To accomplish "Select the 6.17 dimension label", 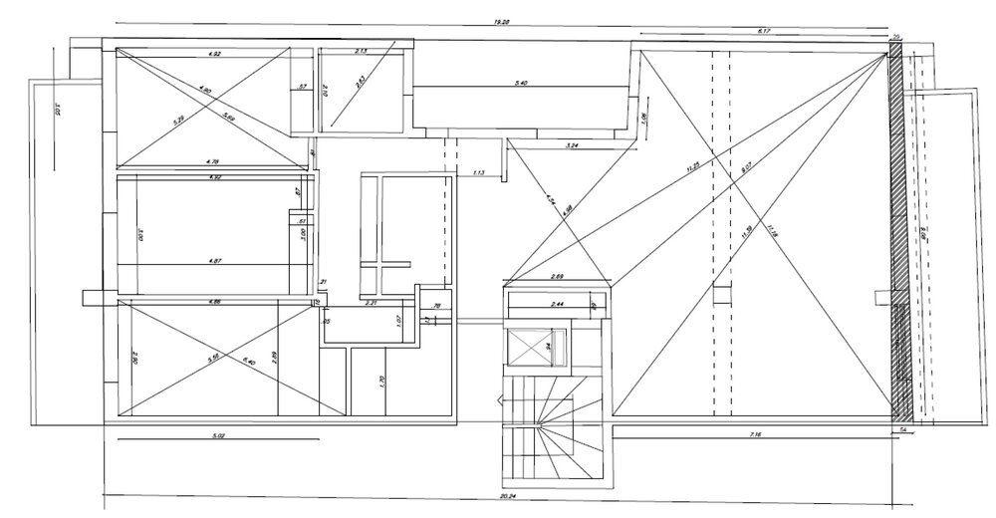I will [765, 32].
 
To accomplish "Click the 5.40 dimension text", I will [521, 83].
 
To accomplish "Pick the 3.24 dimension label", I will [572, 146].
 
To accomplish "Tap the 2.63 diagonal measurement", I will [361, 83].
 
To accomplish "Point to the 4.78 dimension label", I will [213, 160].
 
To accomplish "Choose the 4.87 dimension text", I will [213, 261].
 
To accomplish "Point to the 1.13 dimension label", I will [478, 174].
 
